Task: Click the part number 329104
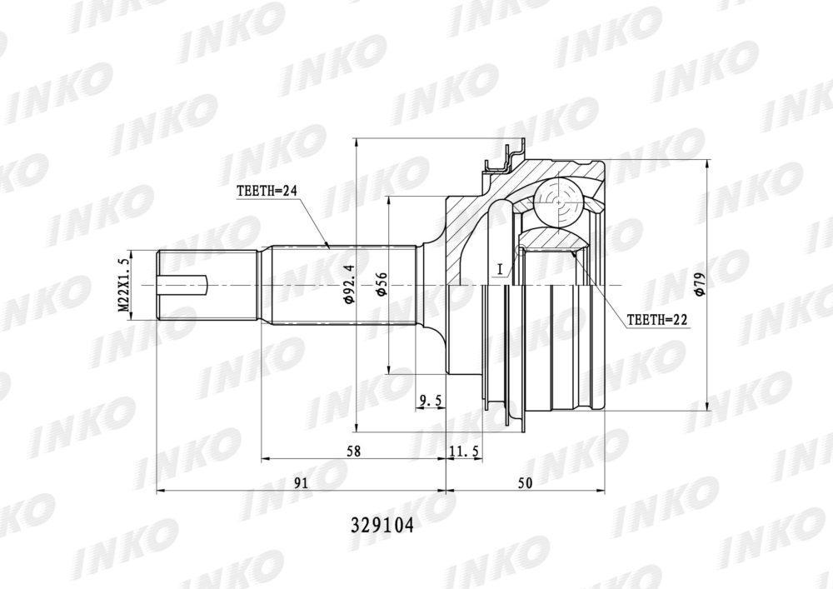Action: pos(382,525)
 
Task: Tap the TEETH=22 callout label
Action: pos(657,320)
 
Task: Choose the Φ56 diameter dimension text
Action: pos(382,285)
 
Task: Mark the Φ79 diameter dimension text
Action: pos(699,285)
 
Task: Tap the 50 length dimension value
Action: pos(525,482)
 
